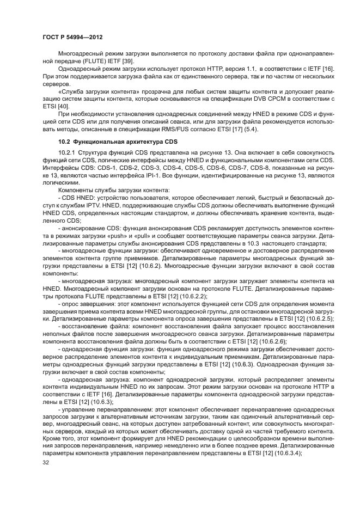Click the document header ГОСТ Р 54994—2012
(72, 38)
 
